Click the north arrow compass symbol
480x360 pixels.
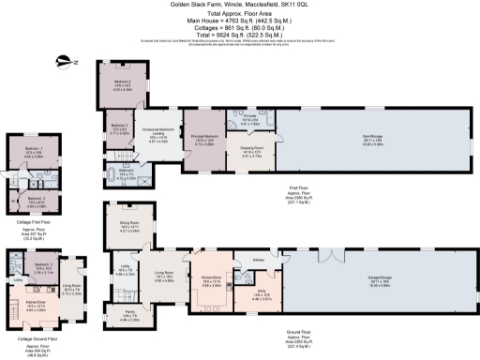coord(64,61)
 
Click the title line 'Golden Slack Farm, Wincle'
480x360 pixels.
coord(238,5)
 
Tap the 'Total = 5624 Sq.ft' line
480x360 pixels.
coord(238,34)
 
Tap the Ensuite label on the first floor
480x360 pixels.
coord(249,119)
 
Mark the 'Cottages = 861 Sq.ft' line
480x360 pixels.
coord(238,26)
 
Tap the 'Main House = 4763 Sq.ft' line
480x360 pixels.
coord(238,20)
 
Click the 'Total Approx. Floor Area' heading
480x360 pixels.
coord(238,13)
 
